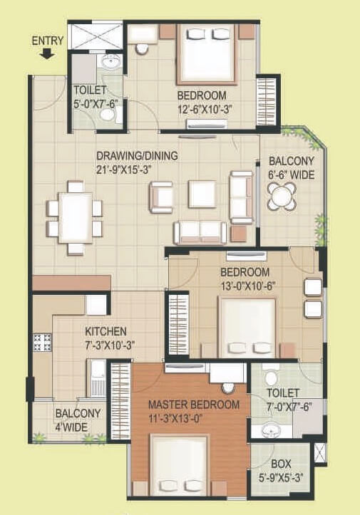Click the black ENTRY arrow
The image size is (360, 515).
pos(48,53)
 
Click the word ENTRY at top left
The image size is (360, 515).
pos(48,40)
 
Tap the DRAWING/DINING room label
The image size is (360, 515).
pos(138,156)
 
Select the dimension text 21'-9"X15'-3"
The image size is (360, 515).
pos(126,169)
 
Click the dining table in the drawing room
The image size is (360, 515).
pos(74,217)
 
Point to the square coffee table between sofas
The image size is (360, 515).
pos(202,193)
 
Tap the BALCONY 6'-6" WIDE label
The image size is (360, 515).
pos(291,167)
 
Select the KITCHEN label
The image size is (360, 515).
pos(106,331)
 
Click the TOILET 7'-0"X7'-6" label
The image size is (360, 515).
pos(283,399)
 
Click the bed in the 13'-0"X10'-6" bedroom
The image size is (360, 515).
pos(247,324)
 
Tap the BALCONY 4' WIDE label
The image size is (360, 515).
pos(78,420)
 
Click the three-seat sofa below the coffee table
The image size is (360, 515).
pos(200,232)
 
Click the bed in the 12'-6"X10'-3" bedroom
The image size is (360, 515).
pos(206,53)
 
